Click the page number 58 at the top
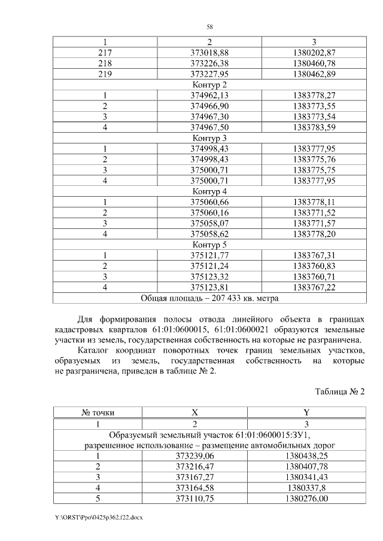[x=209, y=27]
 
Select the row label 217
[x=105, y=53]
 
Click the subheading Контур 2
[x=209, y=85]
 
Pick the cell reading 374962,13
[x=209, y=95]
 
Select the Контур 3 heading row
[x=209, y=138]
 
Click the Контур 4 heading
[x=209, y=192]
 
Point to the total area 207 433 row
[x=209, y=298]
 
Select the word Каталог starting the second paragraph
[x=96, y=351]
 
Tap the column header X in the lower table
[x=194, y=412]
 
